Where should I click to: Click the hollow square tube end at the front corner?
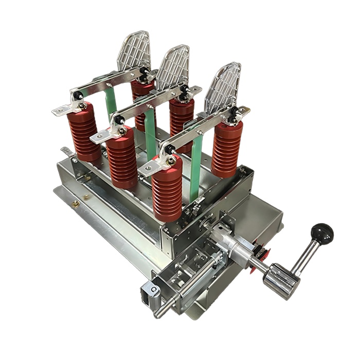(x=147, y=295)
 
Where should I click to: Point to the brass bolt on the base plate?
(x=76, y=204)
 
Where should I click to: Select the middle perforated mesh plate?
(x=173, y=67)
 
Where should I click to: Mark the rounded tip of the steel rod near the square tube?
(x=157, y=314)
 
